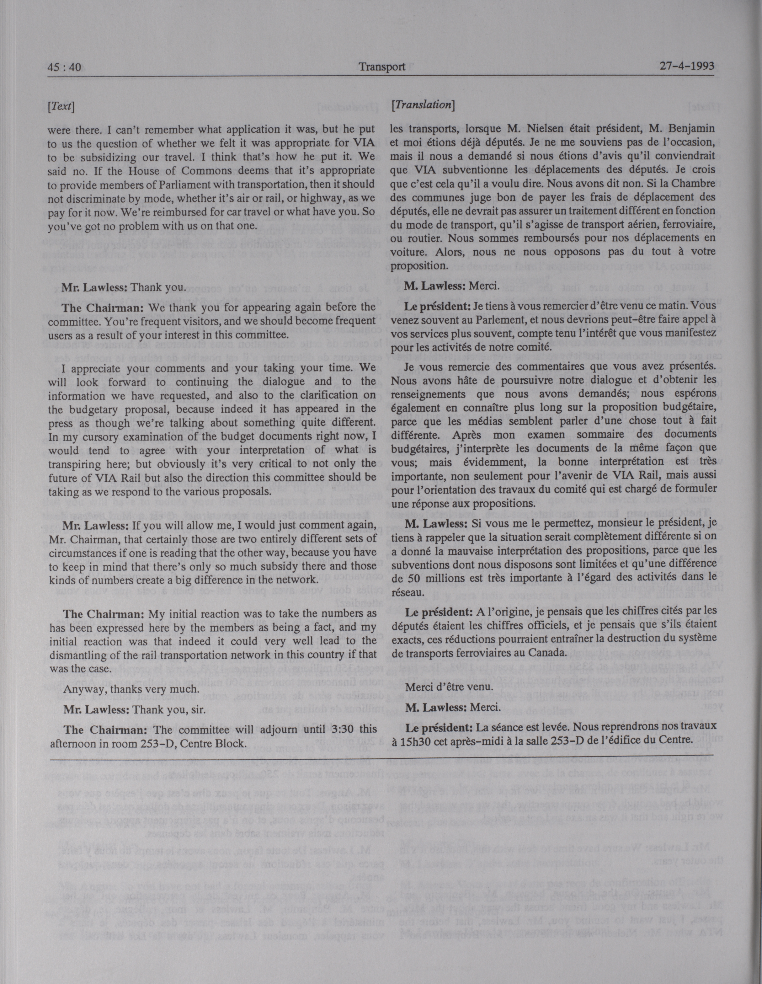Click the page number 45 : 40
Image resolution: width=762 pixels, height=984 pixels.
(64, 67)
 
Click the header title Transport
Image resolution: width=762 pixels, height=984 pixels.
(382, 67)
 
